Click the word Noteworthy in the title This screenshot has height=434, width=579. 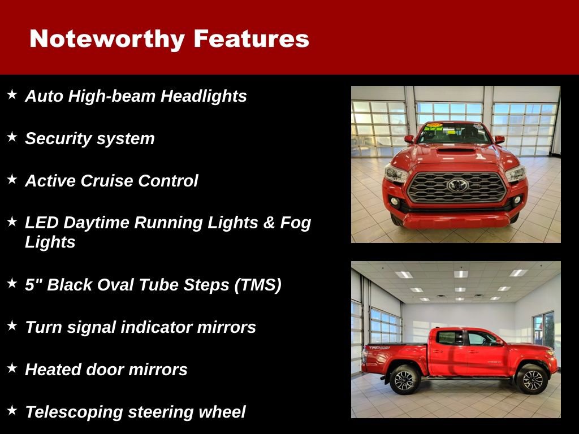click(x=107, y=39)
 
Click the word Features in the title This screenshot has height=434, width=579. click(x=251, y=39)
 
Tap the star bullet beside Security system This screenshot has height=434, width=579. click(x=12, y=137)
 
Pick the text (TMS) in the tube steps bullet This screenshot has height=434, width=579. click(x=257, y=285)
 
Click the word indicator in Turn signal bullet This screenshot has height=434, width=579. click(x=155, y=327)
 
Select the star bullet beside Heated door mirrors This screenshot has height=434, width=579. click(x=12, y=368)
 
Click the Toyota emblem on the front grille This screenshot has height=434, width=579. click(x=457, y=185)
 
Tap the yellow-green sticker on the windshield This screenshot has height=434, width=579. click(x=434, y=127)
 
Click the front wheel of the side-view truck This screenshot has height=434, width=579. click(x=532, y=379)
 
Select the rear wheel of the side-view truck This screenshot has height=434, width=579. click(x=404, y=380)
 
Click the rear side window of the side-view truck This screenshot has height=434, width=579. click(x=450, y=338)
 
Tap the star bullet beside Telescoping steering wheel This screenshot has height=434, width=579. click(x=12, y=410)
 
